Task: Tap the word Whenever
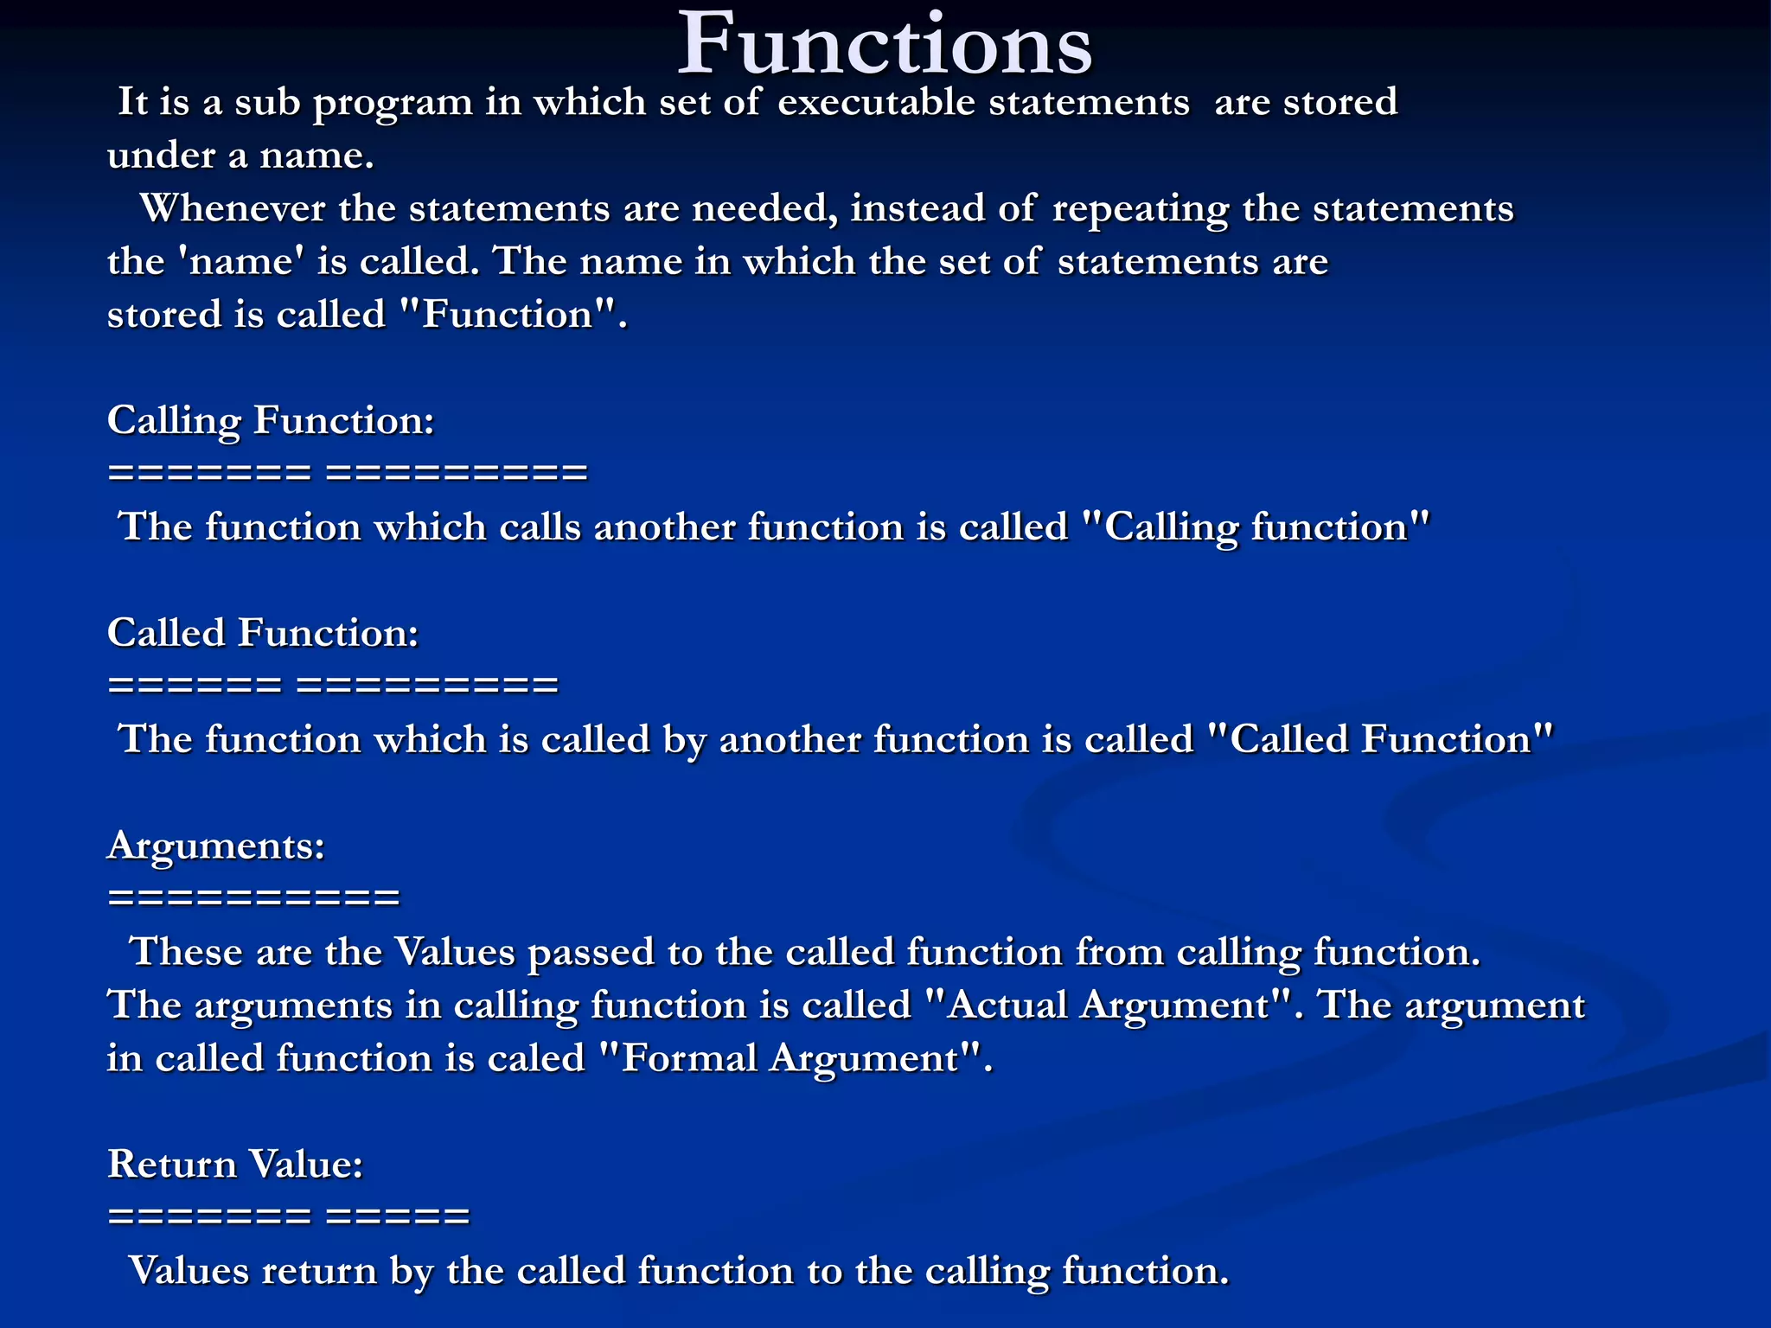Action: (x=232, y=209)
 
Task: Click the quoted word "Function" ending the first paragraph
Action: (x=509, y=315)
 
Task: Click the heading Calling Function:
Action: (x=270, y=421)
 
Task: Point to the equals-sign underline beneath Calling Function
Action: (x=347, y=473)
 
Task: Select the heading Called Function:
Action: (x=263, y=634)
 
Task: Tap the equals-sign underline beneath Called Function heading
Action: (x=333, y=686)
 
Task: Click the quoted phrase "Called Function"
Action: (x=1378, y=740)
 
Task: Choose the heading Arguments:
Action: (x=216, y=846)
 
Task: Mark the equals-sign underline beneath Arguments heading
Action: (x=253, y=897)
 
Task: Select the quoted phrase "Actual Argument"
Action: (x=1109, y=1006)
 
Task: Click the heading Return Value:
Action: (x=235, y=1165)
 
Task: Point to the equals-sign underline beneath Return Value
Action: (x=289, y=1216)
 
